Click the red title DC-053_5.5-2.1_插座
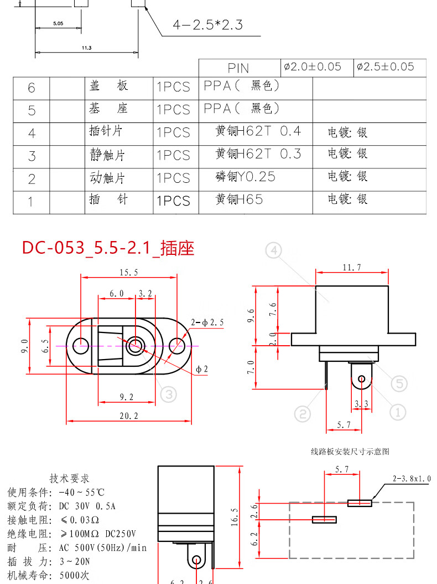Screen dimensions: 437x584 [x=108, y=248]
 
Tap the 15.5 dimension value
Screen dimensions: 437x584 [x=129, y=272]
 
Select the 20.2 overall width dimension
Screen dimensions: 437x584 [x=129, y=416]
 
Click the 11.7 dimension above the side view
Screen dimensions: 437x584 [x=351, y=268]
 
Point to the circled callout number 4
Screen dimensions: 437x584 [x=274, y=250]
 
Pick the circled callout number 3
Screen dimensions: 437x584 [x=169, y=394]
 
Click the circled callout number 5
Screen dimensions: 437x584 [x=399, y=383]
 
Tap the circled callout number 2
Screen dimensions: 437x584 [x=303, y=414]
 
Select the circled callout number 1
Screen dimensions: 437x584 [x=398, y=412]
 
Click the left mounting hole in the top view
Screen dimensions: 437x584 [x=81, y=345]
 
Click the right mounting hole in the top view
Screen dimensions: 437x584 [x=177, y=346]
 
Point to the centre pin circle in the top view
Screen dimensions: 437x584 [x=135, y=345]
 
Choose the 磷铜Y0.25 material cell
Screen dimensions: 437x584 [x=246, y=177]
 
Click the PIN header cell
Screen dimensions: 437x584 [x=238, y=68]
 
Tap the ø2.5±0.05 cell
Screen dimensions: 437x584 [x=386, y=66]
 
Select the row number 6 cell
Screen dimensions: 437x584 [x=31, y=88]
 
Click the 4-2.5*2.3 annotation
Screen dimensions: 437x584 [x=207, y=25]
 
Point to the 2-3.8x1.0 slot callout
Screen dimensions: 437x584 [x=412, y=479]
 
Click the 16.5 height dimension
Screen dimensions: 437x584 [x=235, y=517]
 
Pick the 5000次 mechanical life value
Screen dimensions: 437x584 [x=74, y=576]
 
